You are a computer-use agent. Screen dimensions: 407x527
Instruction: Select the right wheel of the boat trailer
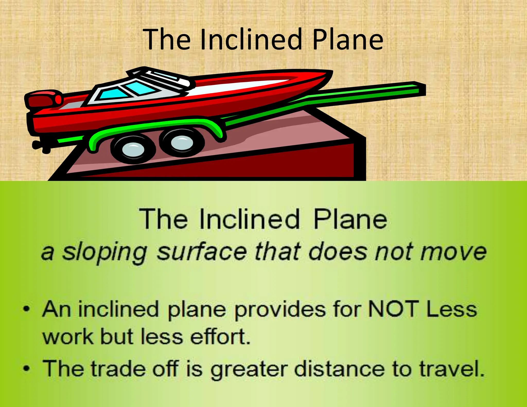(182, 142)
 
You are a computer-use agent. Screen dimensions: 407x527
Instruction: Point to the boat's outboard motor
(44, 99)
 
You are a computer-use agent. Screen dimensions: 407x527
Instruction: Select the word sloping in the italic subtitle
(104, 252)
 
